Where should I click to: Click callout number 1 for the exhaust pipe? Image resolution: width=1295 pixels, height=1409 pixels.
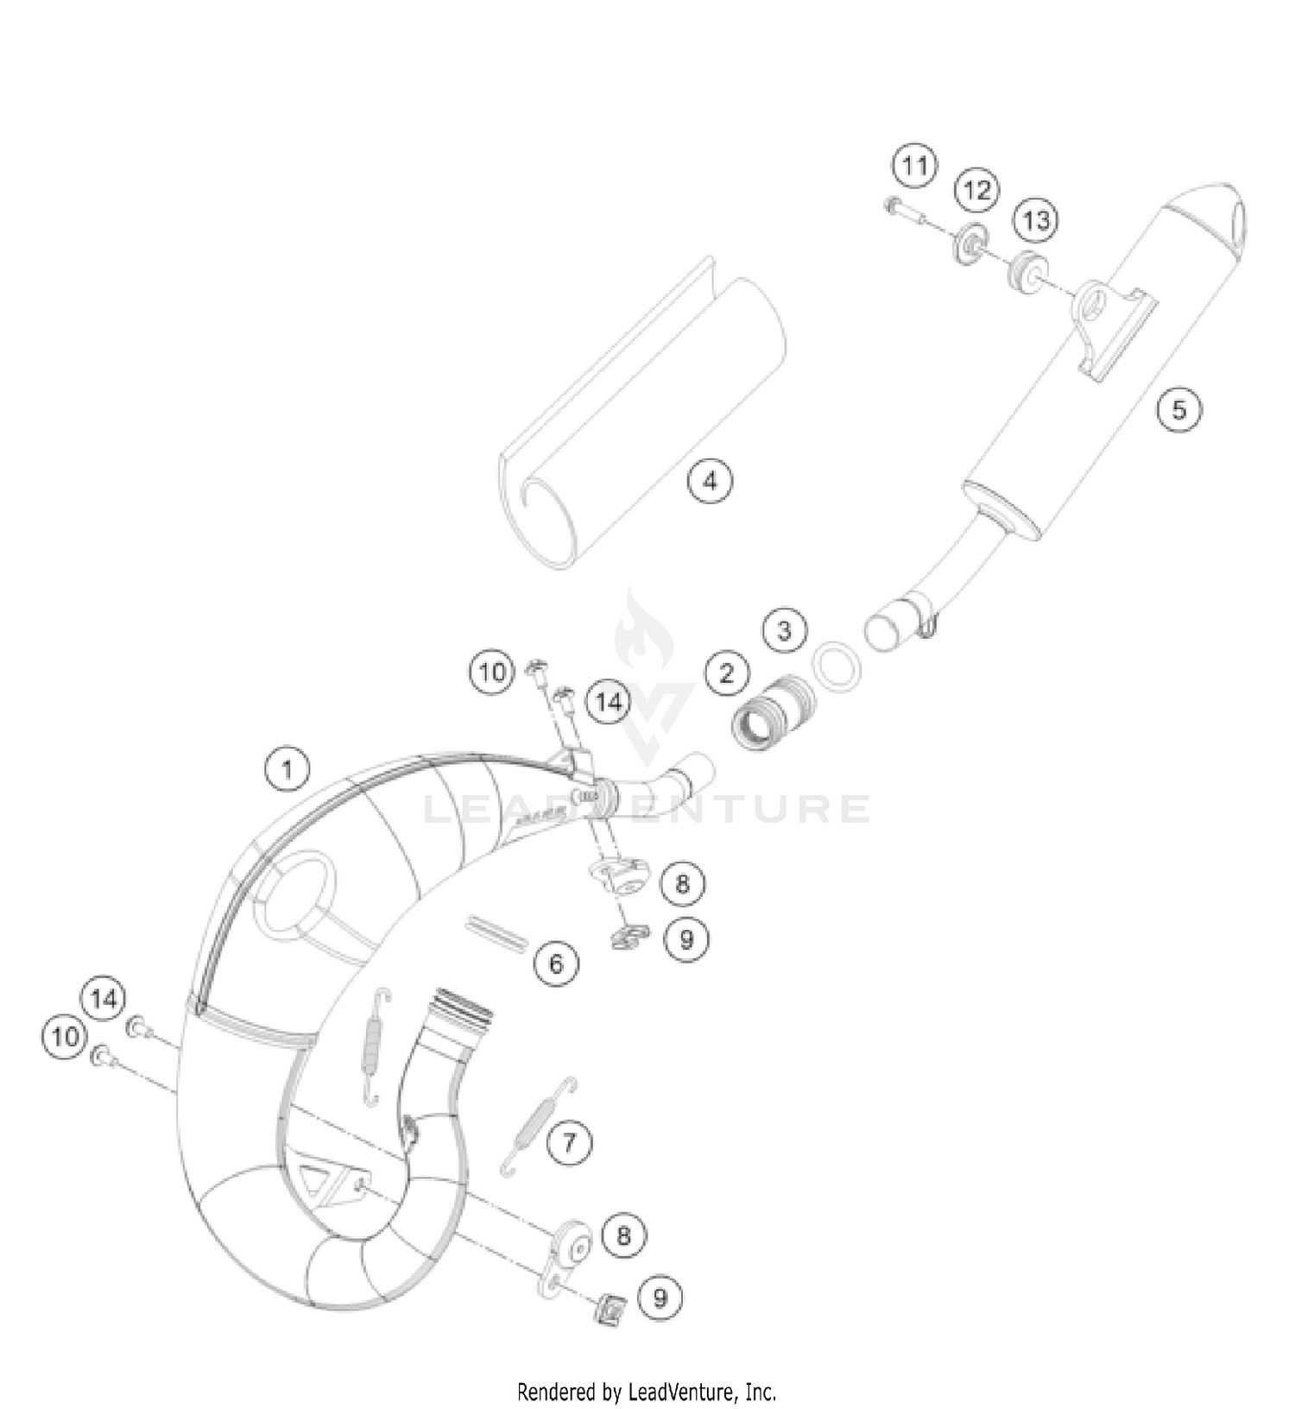[287, 768]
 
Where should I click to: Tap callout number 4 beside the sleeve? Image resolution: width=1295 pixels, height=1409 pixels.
[709, 479]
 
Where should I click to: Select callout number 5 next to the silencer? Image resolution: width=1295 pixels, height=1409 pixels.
[1178, 408]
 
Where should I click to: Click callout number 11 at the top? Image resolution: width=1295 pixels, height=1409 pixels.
[914, 164]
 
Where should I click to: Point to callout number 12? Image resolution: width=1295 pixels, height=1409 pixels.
[976, 190]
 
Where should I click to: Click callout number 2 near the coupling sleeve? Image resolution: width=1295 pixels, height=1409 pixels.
[726, 673]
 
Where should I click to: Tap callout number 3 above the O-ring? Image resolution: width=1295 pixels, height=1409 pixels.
[784, 629]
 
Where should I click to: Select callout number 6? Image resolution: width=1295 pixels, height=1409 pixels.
[556, 962]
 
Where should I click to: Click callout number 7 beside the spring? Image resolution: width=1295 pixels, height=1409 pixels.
[569, 1143]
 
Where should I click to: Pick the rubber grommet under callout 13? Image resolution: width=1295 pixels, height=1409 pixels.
[1026, 269]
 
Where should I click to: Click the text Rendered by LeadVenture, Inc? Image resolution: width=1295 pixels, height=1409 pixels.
[647, 1392]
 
